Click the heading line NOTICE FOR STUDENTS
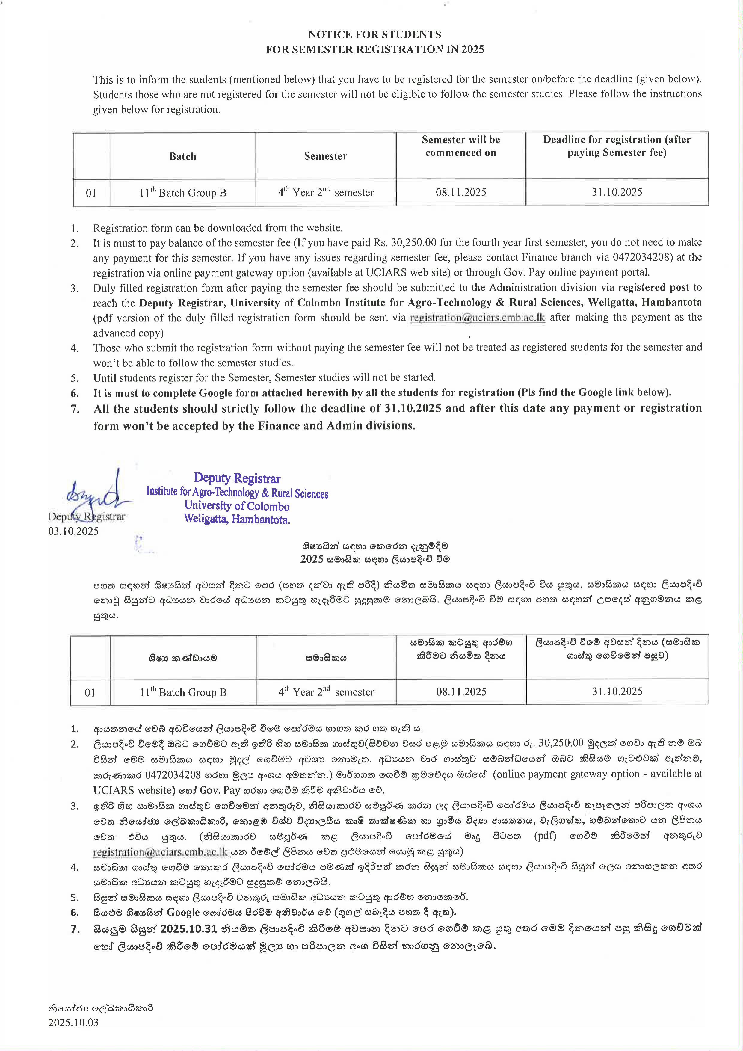point(374,34)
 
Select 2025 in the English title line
point(472,49)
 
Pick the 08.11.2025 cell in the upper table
point(460,192)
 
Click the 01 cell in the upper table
point(91,193)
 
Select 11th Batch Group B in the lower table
point(183,692)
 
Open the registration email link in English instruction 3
point(478,318)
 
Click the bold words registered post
point(653,288)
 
